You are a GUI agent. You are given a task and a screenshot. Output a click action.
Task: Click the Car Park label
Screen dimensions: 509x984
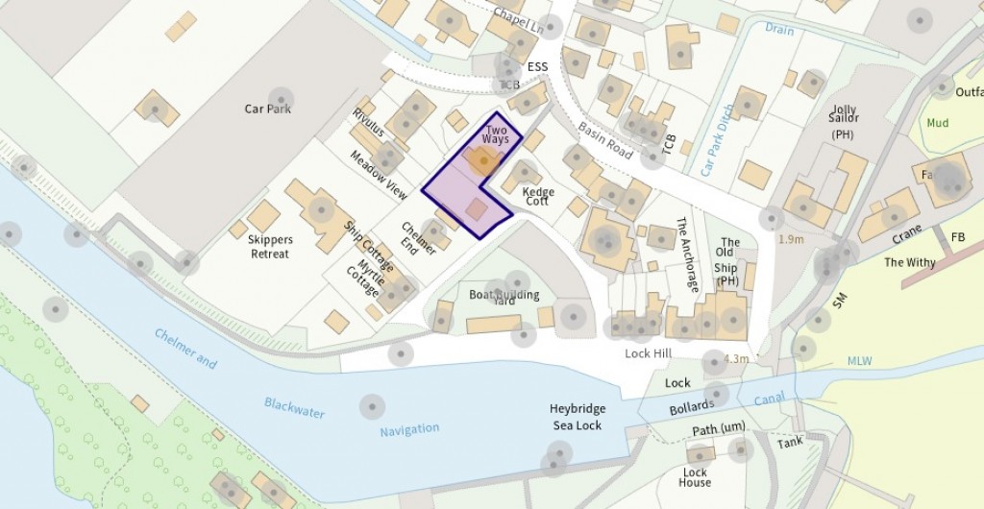coord(267,109)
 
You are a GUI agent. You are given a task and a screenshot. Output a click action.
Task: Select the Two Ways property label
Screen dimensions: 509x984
coord(496,134)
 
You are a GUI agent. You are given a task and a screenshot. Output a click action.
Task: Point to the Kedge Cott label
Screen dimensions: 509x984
coord(538,197)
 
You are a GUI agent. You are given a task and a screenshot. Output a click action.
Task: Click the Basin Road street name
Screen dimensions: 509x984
coord(605,140)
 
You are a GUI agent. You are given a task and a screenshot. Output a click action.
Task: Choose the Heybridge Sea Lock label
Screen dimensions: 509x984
coord(577,417)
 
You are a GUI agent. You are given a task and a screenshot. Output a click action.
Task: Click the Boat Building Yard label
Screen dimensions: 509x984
coord(504,297)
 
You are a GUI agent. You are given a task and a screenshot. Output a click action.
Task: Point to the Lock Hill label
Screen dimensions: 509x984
coord(648,353)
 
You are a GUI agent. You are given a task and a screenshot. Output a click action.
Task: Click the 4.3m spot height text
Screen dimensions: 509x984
coord(736,359)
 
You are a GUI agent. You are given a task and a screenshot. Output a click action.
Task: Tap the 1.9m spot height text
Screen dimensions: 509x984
coord(791,239)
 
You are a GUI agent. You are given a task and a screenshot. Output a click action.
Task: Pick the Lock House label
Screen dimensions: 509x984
coord(695,477)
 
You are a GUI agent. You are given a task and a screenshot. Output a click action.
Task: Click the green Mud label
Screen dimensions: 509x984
coord(936,123)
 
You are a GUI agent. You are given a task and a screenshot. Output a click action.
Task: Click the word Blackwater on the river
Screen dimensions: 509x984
coord(294,407)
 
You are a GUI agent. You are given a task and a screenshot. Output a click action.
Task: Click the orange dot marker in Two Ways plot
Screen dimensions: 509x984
coord(482,160)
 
